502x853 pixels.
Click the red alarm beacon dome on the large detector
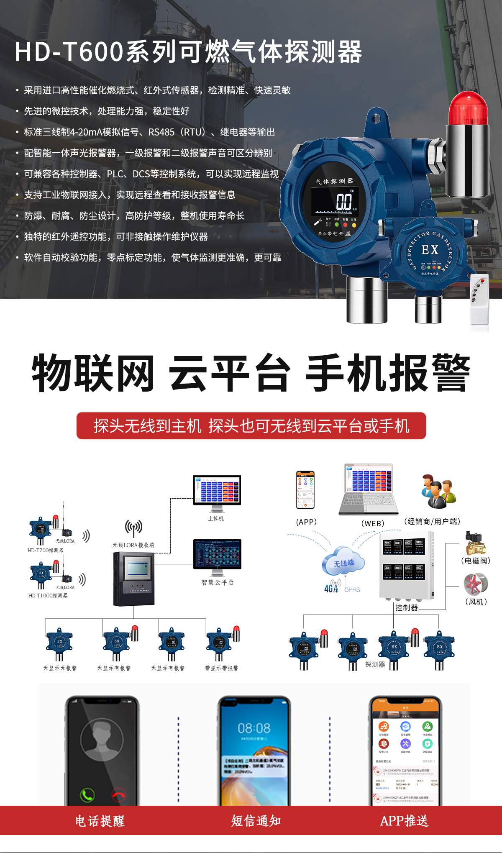click(468, 109)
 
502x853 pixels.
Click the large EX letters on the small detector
click(430, 250)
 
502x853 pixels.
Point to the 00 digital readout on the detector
click(344, 202)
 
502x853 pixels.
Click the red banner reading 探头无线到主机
click(251, 426)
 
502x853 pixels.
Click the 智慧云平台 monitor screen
click(217, 554)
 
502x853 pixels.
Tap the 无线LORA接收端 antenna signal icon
click(133, 528)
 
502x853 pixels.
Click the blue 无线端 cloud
click(343, 562)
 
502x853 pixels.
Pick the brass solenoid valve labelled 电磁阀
click(476, 543)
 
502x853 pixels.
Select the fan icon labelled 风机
click(476, 584)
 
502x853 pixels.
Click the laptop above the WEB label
click(368, 489)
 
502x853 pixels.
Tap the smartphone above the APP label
click(305, 490)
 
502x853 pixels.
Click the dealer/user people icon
click(438, 491)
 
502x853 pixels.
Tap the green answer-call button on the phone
click(87, 794)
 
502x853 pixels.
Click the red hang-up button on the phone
click(119, 794)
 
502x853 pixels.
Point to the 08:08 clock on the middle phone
click(254, 728)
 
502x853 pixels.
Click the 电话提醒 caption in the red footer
click(100, 821)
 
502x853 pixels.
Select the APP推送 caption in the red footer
click(404, 821)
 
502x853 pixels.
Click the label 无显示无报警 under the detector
click(60, 668)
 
